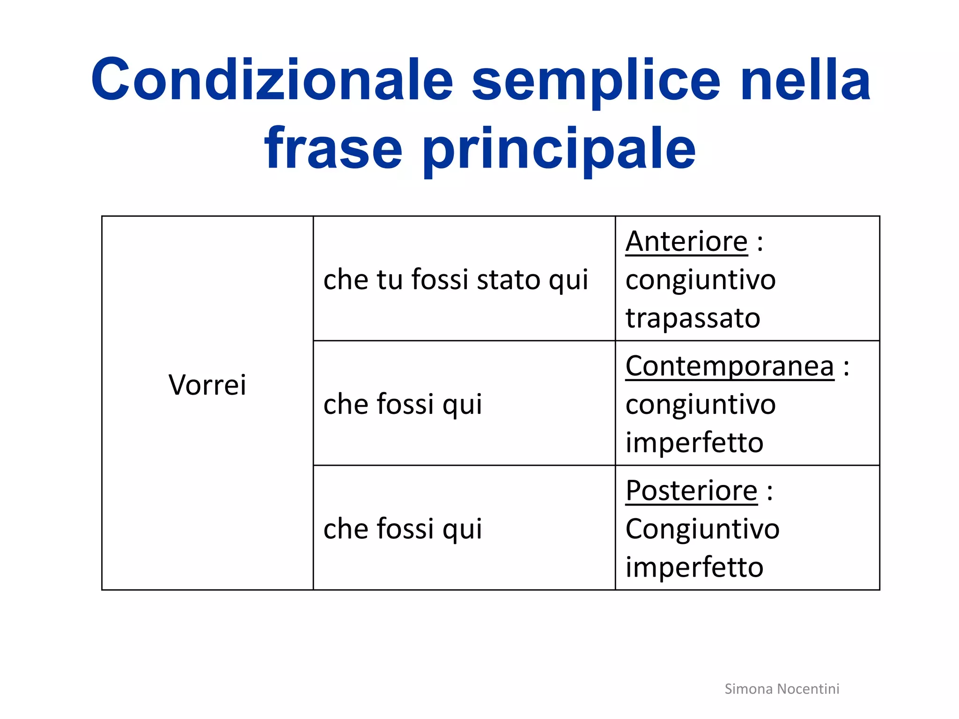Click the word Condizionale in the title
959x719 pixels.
pyautogui.click(x=272, y=80)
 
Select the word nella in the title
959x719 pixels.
pyautogui.click(x=805, y=80)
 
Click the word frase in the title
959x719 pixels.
pyautogui.click(x=333, y=149)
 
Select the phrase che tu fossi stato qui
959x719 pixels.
pyautogui.click(x=456, y=279)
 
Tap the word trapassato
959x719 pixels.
pyautogui.click(x=693, y=318)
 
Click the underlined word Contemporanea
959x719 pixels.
pyautogui.click(x=730, y=366)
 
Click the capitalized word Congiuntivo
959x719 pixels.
pyautogui.click(x=702, y=529)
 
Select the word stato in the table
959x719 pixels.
pyautogui.click(x=509, y=279)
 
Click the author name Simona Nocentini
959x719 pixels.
pyautogui.click(x=782, y=689)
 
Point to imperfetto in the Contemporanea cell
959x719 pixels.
pyautogui.click(x=694, y=443)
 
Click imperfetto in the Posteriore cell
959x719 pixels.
pyautogui.click(x=694, y=567)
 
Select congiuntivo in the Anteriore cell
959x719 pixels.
pyautogui.click(x=701, y=280)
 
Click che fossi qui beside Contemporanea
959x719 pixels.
pyautogui.click(x=403, y=404)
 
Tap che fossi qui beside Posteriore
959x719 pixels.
pyautogui.click(x=403, y=528)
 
